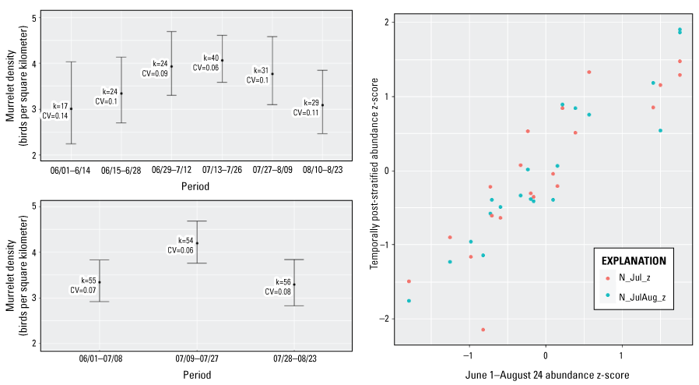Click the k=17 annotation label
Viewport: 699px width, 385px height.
pos(60,105)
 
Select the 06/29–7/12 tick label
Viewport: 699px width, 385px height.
pos(171,169)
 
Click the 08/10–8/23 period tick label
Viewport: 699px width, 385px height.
pos(322,169)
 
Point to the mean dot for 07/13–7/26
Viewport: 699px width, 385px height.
pos(222,60)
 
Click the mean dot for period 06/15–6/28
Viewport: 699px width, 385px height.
pos(121,94)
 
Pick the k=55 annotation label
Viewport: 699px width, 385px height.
pos(89,281)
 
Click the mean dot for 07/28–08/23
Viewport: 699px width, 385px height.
pos(294,284)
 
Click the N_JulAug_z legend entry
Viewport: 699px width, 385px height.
pos(643,297)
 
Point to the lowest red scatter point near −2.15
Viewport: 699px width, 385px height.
pos(483,330)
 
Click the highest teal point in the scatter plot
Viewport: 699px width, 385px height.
pos(680,30)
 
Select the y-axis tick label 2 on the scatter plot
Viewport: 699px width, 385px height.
pos(385,23)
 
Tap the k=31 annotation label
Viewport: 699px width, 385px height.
pos(261,70)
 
